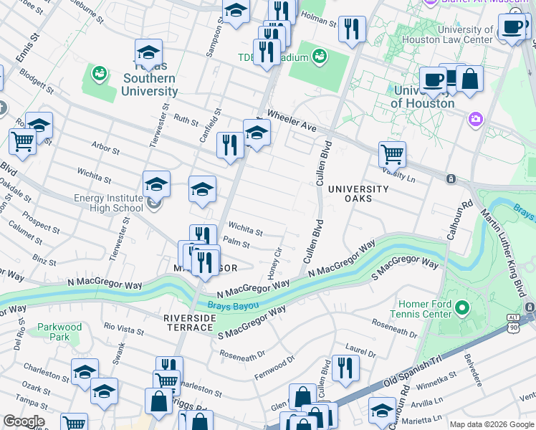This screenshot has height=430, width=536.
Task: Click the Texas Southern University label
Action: (x=149, y=85)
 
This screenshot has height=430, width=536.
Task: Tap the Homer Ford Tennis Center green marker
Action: (x=461, y=309)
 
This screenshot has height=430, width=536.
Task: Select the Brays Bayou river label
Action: (x=231, y=305)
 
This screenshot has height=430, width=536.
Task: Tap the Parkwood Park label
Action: (x=59, y=332)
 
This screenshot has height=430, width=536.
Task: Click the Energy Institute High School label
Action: (x=108, y=204)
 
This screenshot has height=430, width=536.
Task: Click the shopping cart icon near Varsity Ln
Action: (x=392, y=153)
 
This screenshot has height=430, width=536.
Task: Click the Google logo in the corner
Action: (x=24, y=421)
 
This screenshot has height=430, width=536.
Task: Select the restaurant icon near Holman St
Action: (x=350, y=29)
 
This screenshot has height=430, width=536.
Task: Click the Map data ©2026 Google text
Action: (x=491, y=424)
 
